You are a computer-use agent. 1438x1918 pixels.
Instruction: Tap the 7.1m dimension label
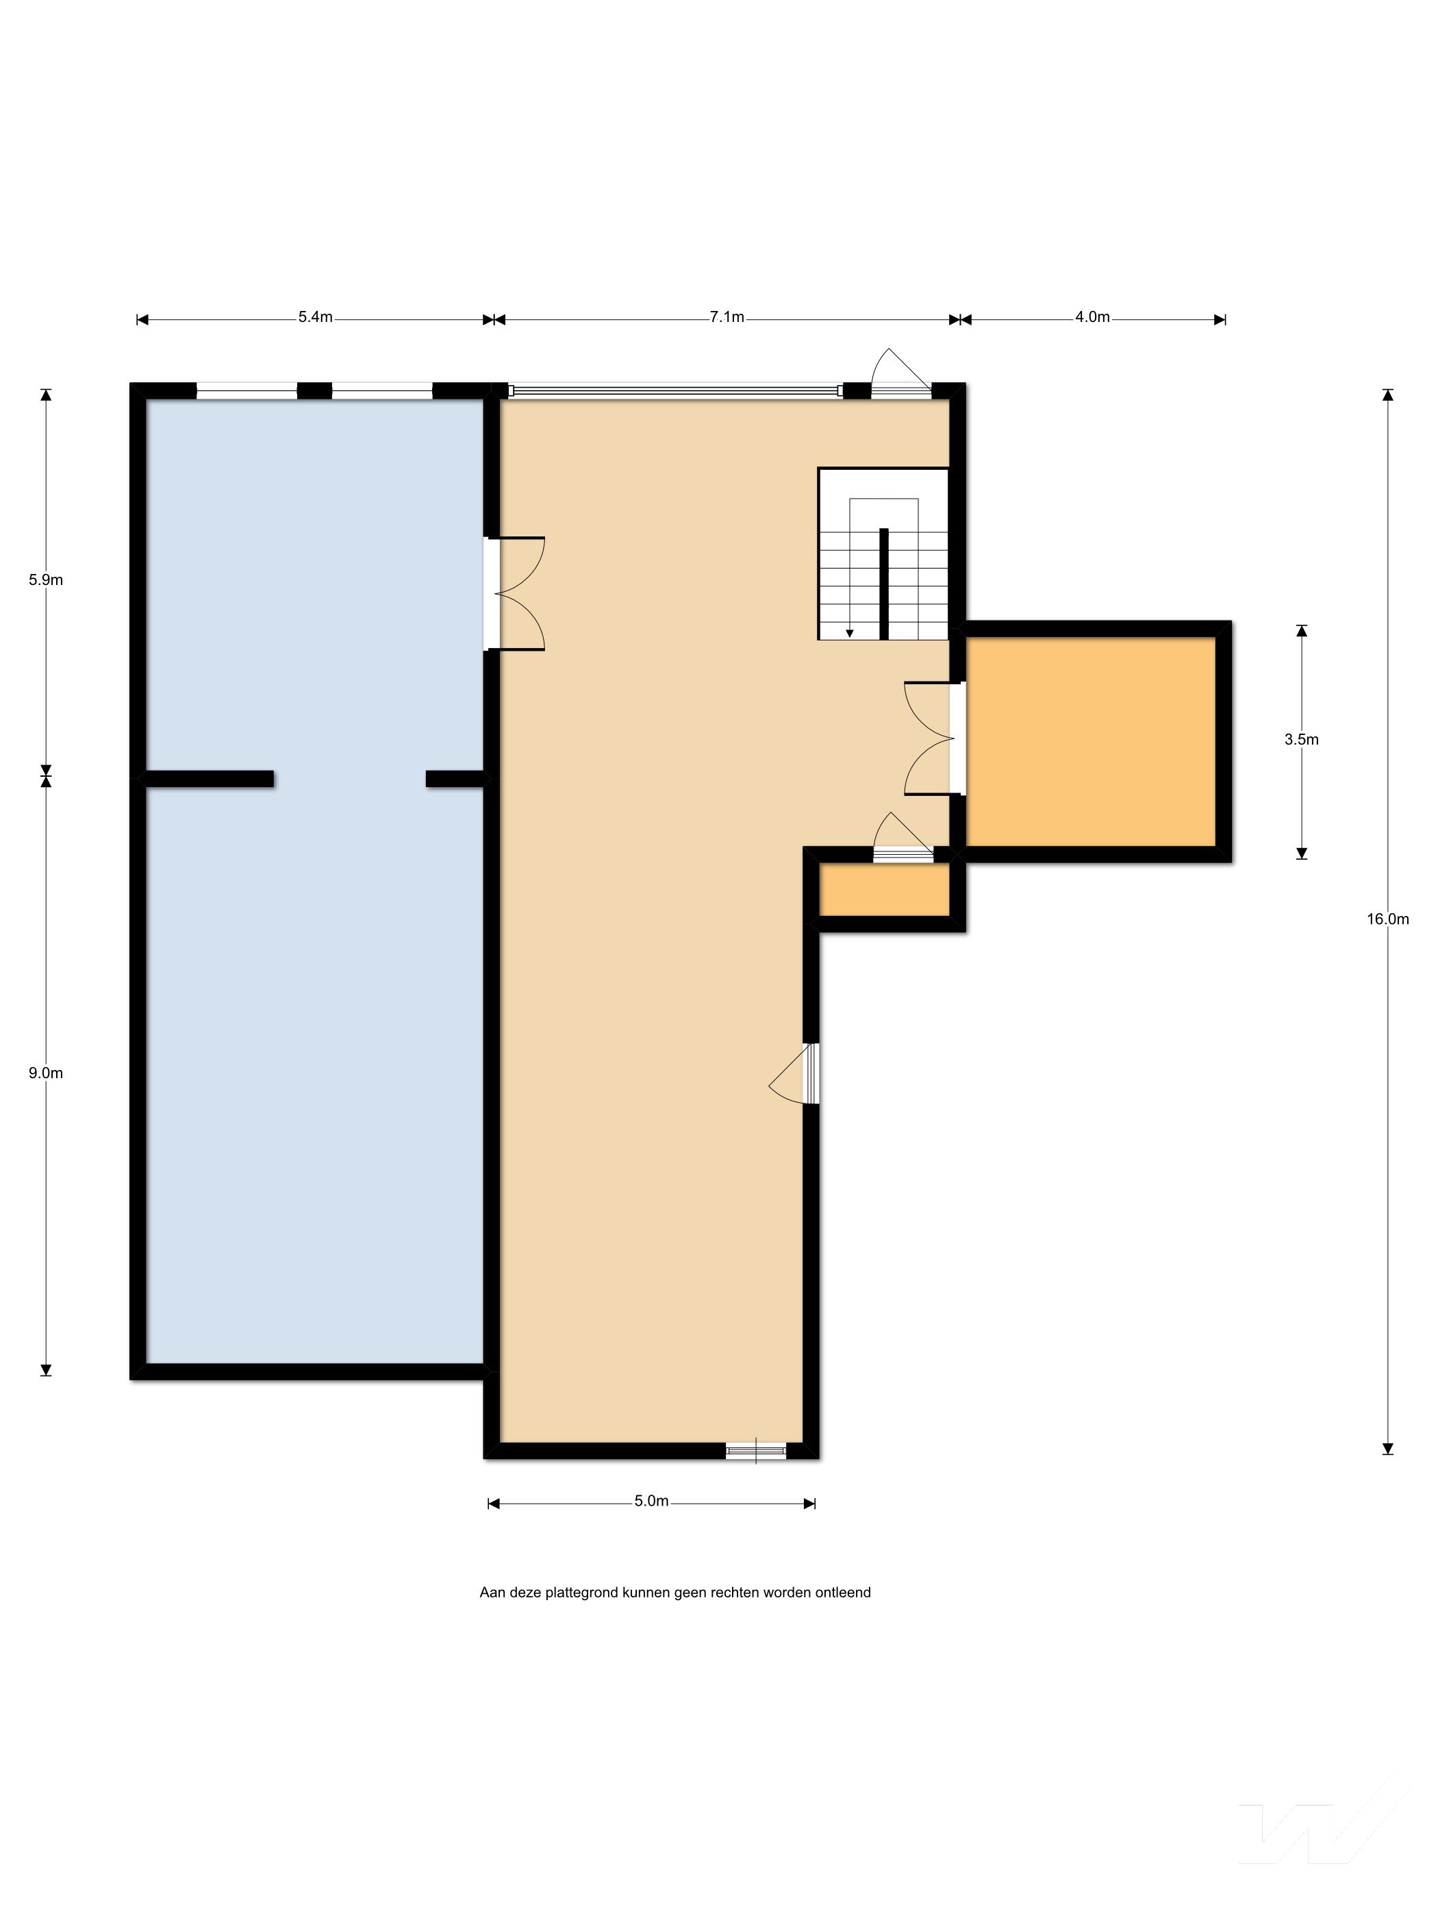pyautogui.click(x=727, y=317)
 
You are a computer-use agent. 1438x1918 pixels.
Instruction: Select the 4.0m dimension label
pyautogui.click(x=1092, y=317)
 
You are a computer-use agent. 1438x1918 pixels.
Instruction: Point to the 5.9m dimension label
pyautogui.click(x=45, y=580)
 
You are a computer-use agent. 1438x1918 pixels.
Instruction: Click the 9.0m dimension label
pyautogui.click(x=45, y=1073)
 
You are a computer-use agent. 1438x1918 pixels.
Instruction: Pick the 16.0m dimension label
pyautogui.click(x=1388, y=919)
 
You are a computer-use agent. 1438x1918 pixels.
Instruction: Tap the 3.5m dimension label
pyautogui.click(x=1301, y=740)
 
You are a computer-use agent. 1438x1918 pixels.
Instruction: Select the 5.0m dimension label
pyautogui.click(x=651, y=1501)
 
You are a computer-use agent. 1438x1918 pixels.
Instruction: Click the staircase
pyautogui.click(x=883, y=554)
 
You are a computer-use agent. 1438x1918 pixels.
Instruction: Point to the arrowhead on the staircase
pyautogui.click(x=850, y=634)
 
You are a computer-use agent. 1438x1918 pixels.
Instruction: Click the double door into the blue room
pyautogui.click(x=515, y=594)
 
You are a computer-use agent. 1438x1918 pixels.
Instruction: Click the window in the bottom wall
pyautogui.click(x=756, y=1449)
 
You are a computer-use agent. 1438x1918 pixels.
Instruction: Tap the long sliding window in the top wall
pyautogui.click(x=675, y=391)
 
